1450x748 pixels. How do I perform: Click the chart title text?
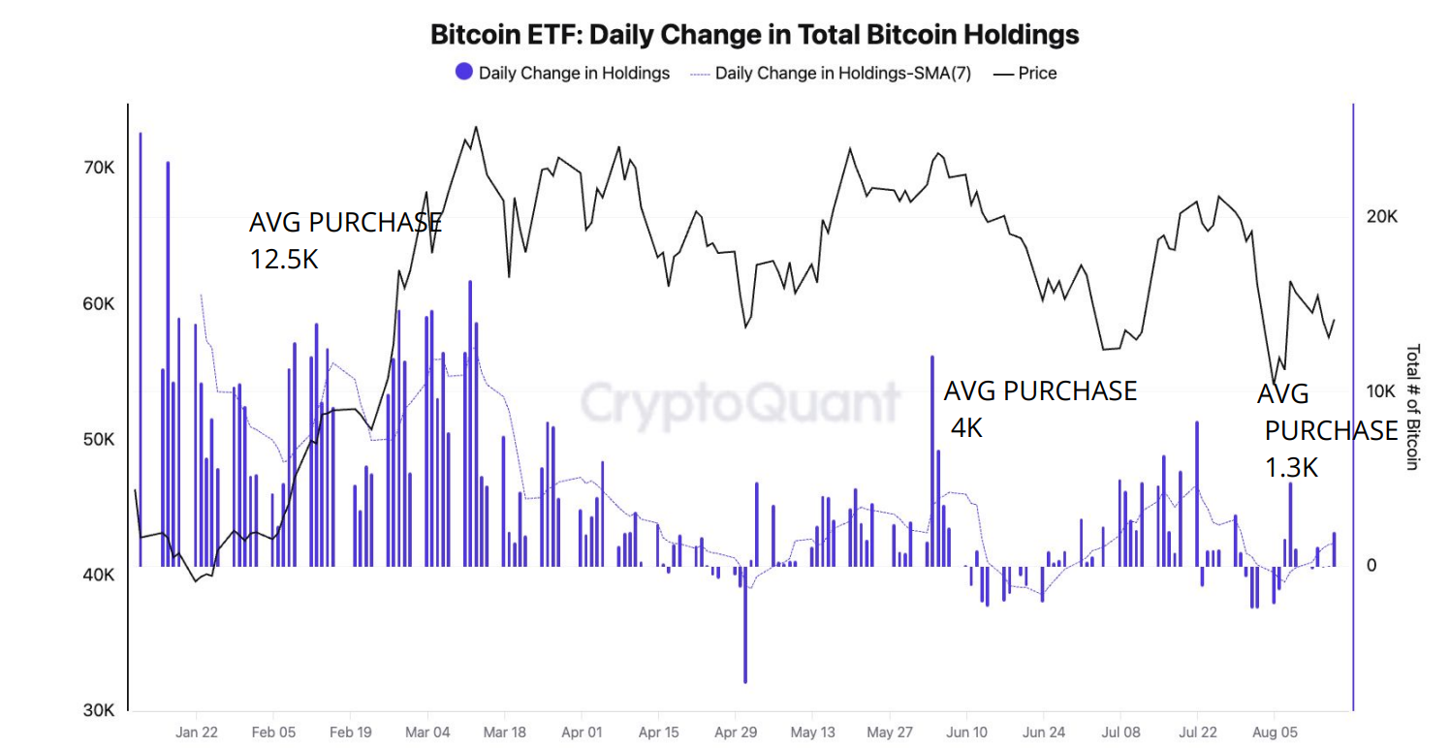(754, 35)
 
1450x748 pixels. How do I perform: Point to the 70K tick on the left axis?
(99, 168)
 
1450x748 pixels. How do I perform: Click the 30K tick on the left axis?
(99, 710)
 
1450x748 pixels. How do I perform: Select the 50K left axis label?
(99, 439)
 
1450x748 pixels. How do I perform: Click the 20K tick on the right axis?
(1381, 216)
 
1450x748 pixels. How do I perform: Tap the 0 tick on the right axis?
(1371, 565)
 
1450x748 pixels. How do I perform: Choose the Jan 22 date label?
(197, 732)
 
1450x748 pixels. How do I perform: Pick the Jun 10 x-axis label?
(966, 732)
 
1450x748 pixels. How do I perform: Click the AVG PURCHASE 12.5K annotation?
(345, 240)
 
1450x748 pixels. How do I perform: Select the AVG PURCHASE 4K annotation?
(1039, 408)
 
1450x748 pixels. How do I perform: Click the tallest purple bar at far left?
(141, 349)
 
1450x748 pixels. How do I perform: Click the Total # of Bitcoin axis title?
(1412, 407)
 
